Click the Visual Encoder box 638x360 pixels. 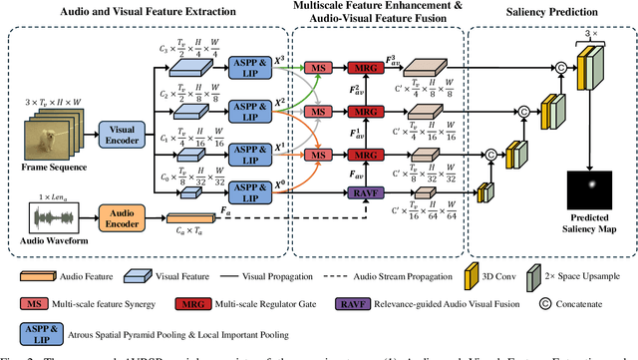coord(124,134)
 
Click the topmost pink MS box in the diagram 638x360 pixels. coord(318,63)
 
